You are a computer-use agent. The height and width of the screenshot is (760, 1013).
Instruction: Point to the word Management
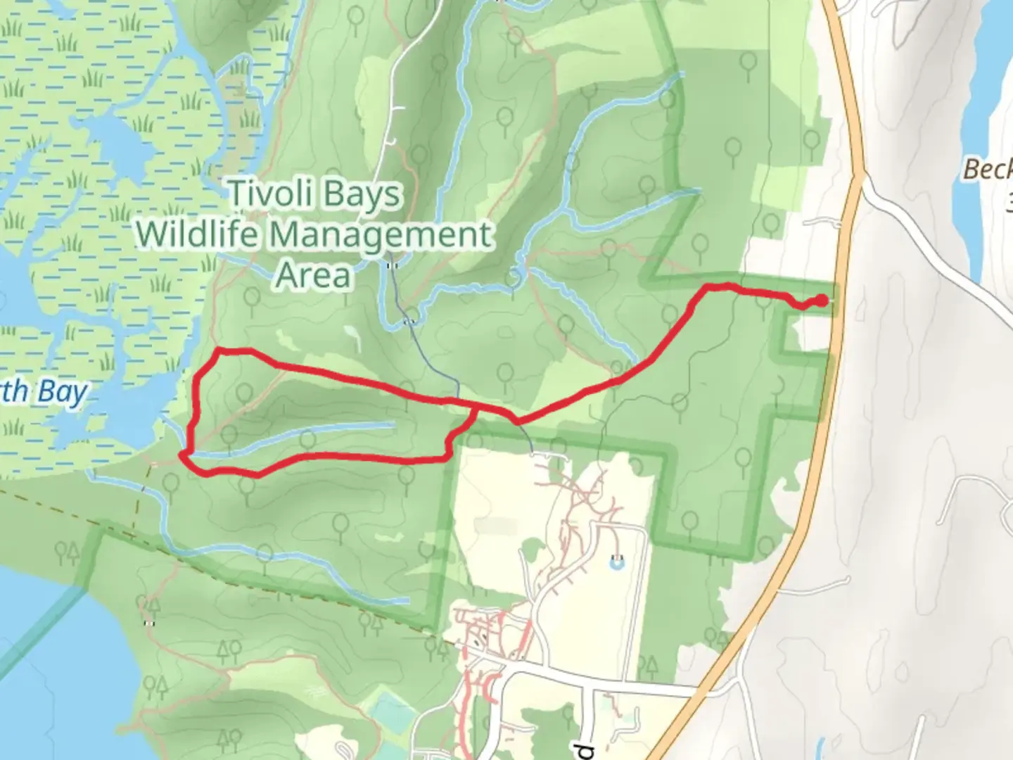[x=380, y=235]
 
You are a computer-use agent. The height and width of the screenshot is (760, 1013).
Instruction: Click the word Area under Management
[x=313, y=274]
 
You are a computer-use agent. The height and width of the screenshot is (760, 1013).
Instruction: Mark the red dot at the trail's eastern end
[x=821, y=301]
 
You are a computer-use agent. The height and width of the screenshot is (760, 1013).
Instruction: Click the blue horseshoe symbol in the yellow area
[x=617, y=562]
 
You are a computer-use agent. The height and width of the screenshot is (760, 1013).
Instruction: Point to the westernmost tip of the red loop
[x=182, y=456]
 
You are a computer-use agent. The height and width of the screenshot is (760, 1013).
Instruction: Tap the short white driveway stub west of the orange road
[x=827, y=224]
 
